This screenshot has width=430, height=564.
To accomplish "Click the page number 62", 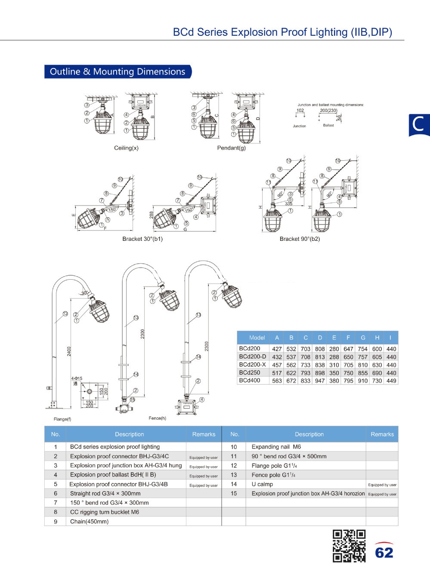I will click(384, 552).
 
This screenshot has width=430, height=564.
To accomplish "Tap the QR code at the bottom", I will click(349, 545).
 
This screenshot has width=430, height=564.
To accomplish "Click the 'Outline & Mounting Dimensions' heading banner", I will click(118, 72).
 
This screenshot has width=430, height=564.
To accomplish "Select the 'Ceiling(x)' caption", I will click(126, 148).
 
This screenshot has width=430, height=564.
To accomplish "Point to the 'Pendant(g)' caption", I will click(231, 148).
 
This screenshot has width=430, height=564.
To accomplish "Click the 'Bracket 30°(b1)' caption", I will click(142, 239).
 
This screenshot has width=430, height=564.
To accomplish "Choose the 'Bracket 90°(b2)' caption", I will click(300, 239).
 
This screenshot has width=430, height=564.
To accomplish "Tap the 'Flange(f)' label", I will click(62, 419).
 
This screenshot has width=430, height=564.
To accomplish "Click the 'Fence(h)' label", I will click(157, 418).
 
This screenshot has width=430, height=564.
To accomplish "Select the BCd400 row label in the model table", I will click(250, 380).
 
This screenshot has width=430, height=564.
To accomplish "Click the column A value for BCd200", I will click(277, 349).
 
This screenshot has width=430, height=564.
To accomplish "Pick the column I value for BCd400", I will click(391, 380).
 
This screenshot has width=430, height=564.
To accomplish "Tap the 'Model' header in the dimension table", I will click(257, 338).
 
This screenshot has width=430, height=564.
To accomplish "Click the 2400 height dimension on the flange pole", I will click(69, 351).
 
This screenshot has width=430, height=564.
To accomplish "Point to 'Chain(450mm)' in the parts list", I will click(89, 521).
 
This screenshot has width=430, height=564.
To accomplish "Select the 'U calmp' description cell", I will click(262, 484).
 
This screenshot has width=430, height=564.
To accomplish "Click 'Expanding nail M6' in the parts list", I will click(276, 447).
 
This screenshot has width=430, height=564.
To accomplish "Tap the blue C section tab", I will click(419, 125).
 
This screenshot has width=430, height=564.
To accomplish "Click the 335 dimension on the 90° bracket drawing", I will click(288, 204).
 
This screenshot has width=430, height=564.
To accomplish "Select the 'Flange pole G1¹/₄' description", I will click(274, 466).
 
